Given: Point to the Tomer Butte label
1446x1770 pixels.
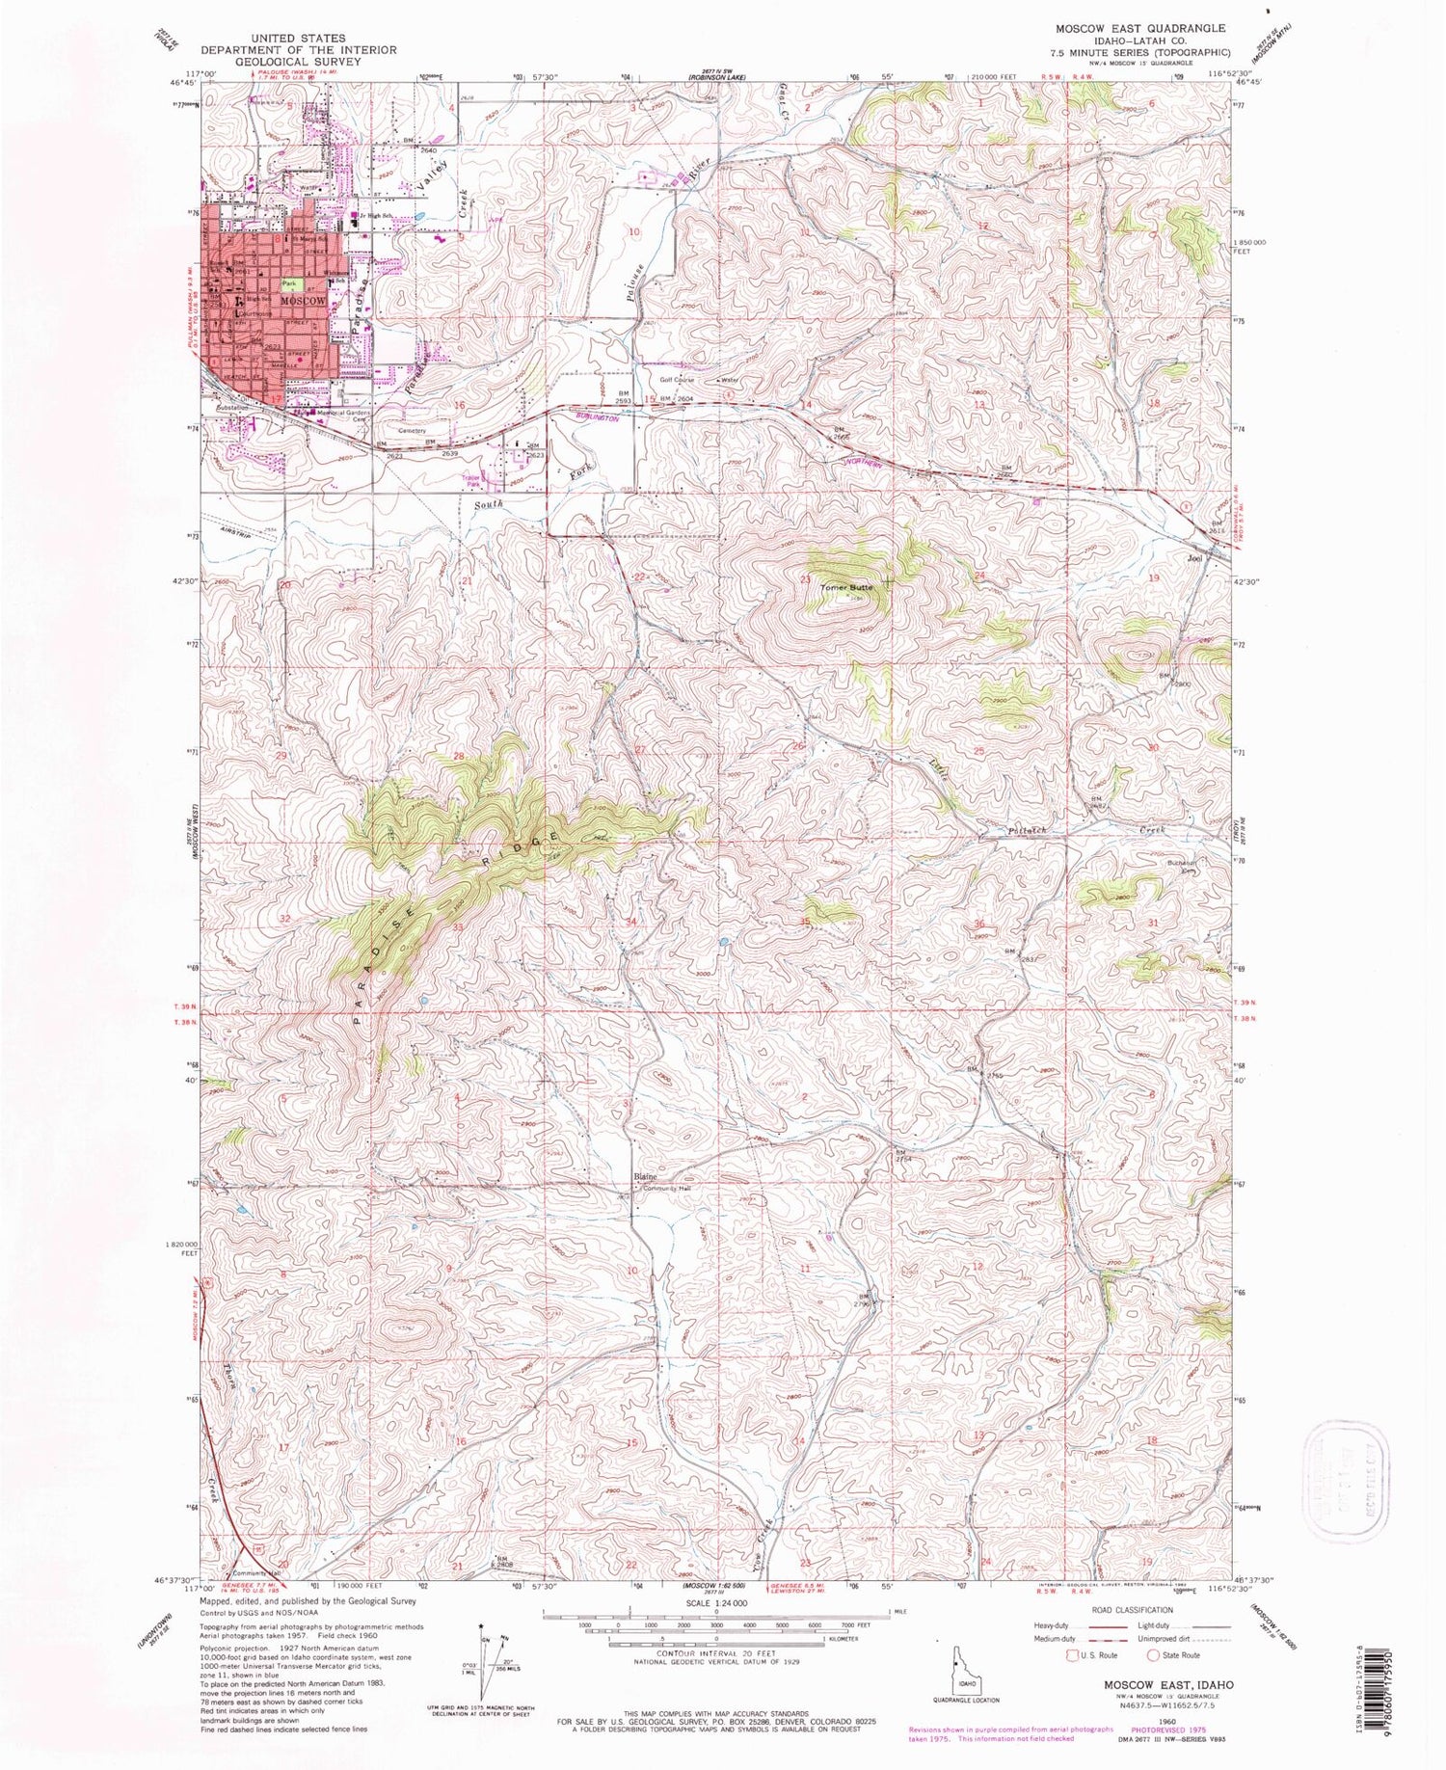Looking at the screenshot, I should click(x=846, y=586).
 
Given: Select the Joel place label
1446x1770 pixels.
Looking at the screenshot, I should click(x=1196, y=558).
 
